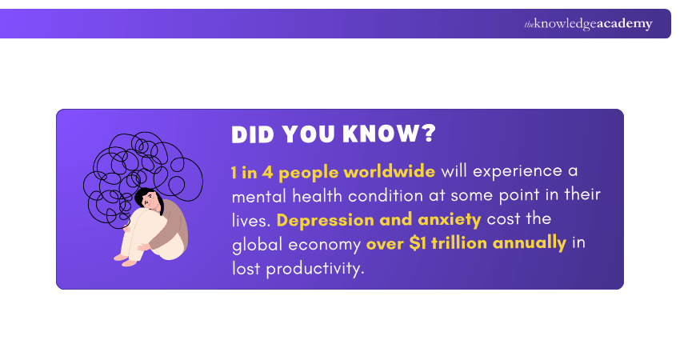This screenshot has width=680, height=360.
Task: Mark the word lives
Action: (x=250, y=220)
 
